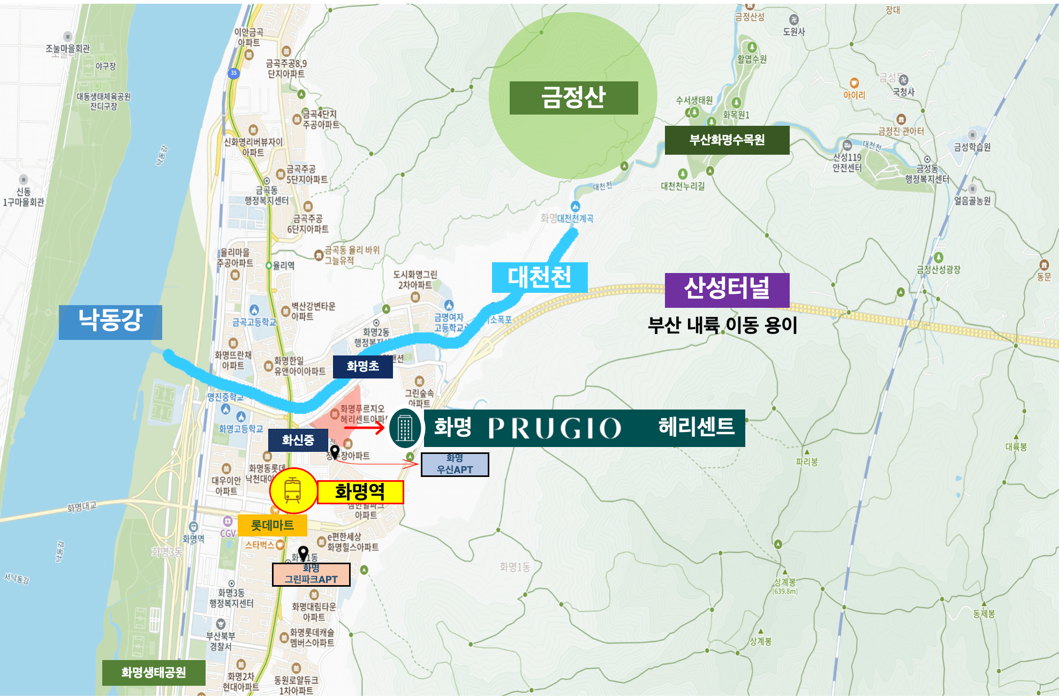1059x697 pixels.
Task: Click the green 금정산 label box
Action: tap(573, 98)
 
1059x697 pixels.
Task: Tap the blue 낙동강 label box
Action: tap(110, 322)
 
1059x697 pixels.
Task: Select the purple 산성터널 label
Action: tap(727, 290)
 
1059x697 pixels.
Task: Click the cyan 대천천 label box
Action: tap(540, 277)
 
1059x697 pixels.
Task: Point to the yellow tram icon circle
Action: tap(293, 491)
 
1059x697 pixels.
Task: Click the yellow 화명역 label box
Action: tap(360, 492)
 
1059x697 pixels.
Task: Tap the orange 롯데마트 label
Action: tap(272, 525)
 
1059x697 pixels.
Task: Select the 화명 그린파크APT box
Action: tap(311, 574)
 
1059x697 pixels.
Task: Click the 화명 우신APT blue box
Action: tap(455, 464)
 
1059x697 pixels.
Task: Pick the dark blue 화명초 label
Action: tap(362, 367)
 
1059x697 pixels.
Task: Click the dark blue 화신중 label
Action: tap(298, 440)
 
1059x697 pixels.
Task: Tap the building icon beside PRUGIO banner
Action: tap(405, 428)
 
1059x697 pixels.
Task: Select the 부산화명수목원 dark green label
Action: tap(727, 140)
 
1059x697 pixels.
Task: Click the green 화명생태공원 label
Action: tap(154, 672)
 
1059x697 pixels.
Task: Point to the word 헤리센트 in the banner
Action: tap(696, 427)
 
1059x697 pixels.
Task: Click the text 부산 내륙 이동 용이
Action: tap(722, 325)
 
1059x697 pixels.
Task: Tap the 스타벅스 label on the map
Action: tap(260, 545)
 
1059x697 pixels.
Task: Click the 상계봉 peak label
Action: tap(785, 582)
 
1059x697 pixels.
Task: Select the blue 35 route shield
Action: tap(233, 73)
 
